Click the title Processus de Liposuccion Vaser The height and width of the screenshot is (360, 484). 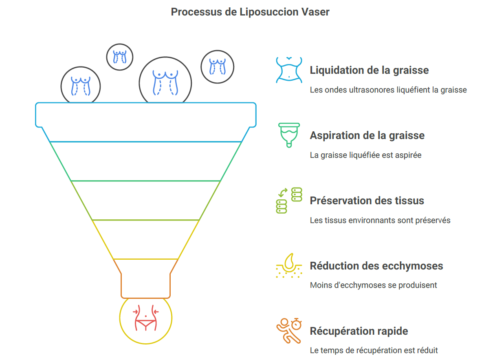coord(250,12)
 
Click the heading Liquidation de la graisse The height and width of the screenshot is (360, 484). coord(369,70)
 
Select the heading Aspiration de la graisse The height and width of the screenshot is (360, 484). coord(367,135)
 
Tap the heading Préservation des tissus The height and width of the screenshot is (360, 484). coord(367,201)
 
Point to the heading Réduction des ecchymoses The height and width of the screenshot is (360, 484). coord(376,266)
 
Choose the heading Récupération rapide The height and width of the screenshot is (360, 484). coord(359,331)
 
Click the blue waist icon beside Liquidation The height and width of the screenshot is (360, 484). coord(289,70)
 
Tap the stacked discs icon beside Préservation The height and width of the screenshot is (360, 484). coord(289,200)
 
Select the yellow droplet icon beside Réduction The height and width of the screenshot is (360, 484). coord(289,265)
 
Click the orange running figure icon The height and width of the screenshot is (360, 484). coord(289,331)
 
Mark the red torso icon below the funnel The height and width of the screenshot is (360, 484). coord(146,318)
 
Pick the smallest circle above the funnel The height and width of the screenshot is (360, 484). coord(120,57)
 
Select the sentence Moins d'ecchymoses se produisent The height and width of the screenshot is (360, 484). coord(373,285)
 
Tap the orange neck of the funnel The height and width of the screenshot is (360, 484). coord(145,281)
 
